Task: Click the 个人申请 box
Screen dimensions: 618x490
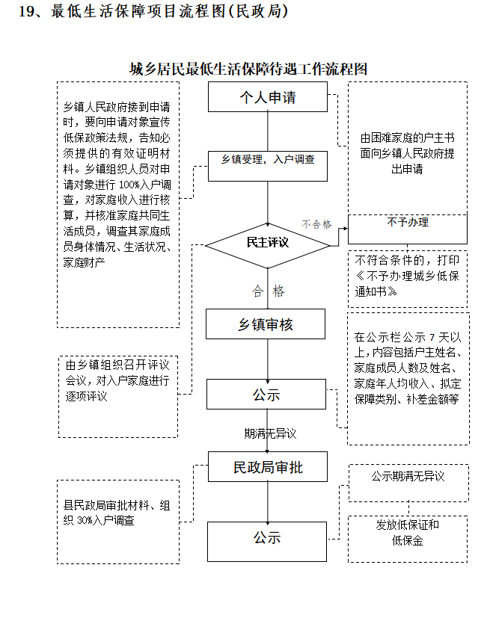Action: pyautogui.click(x=267, y=97)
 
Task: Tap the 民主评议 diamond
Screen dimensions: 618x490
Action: pyautogui.click(x=267, y=243)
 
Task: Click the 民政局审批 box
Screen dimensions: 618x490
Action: pyautogui.click(x=267, y=468)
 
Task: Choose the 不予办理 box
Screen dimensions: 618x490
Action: pyautogui.click(x=408, y=223)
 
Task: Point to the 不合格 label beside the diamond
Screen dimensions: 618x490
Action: pyautogui.click(x=316, y=223)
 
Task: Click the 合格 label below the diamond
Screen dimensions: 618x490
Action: pyautogui.click(x=269, y=291)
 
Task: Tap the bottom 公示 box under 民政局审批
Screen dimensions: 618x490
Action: pyautogui.click(x=267, y=537)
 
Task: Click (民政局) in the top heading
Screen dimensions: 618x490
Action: pyautogui.click(x=259, y=12)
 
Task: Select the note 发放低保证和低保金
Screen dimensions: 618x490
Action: pyautogui.click(x=408, y=533)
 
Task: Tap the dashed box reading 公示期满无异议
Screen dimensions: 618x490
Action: pyautogui.click(x=408, y=477)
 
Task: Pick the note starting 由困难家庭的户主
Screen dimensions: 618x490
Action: pyautogui.click(x=407, y=154)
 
